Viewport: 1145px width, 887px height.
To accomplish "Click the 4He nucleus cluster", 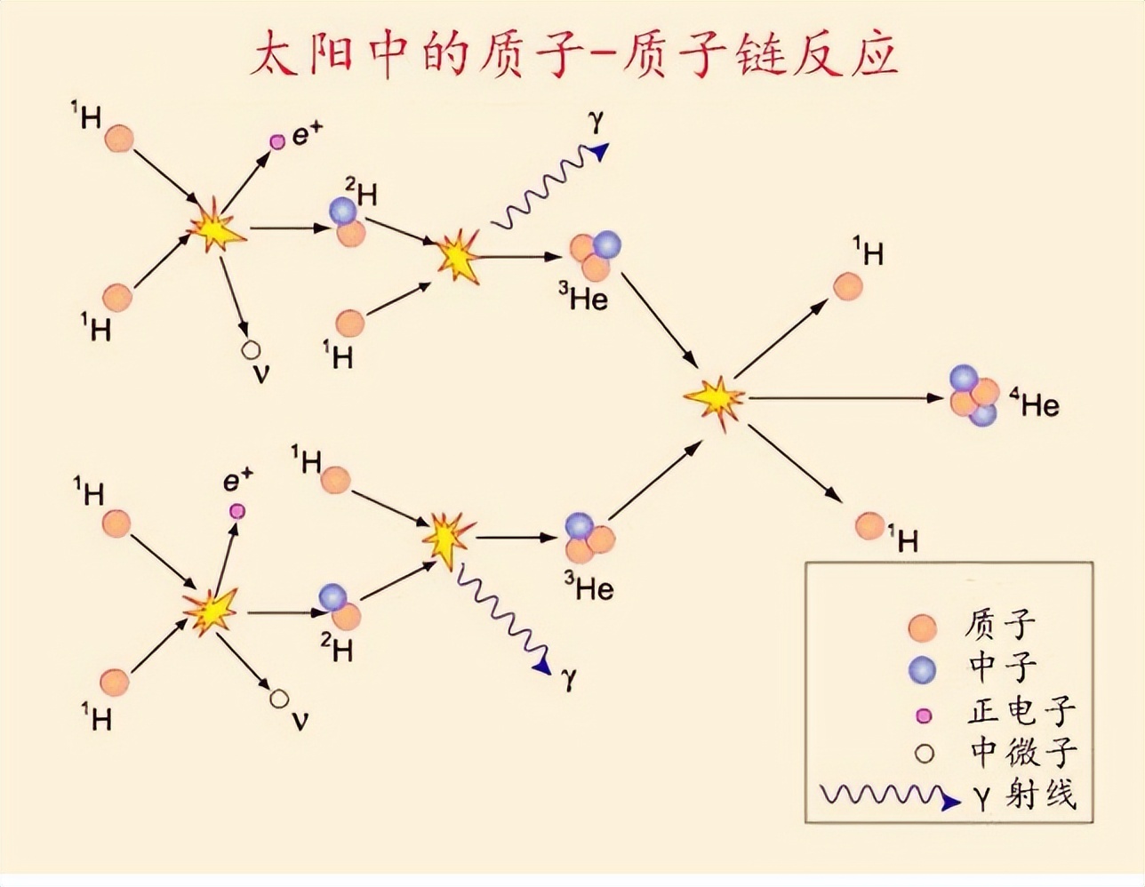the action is coord(974,396).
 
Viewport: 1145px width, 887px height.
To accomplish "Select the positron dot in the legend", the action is coord(924,716).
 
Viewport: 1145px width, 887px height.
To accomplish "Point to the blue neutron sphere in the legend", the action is coord(922,670).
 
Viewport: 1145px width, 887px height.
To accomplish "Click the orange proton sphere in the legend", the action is coord(922,627).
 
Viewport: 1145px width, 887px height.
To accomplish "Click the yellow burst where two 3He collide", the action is coord(715,399).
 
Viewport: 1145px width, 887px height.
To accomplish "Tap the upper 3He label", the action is coord(583,298).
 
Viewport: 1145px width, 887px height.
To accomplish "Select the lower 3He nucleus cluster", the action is coord(589,539).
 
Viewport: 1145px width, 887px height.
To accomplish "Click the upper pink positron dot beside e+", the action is coord(277,141).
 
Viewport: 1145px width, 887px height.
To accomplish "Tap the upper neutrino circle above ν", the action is coord(251,350).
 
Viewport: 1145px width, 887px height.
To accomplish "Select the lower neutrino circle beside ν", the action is coord(279,699).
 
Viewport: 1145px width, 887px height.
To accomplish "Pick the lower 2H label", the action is coord(337,647).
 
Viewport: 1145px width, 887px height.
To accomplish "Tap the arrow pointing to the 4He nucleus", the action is coord(845,398).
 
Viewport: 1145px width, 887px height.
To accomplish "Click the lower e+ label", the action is coord(238,480).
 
